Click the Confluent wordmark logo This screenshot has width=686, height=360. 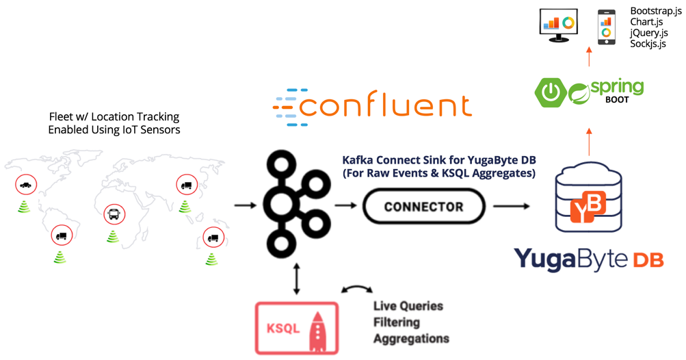point(373,107)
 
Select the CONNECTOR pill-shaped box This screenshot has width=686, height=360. point(423,207)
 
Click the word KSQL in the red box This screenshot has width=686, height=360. point(282,329)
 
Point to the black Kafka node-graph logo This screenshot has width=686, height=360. point(295,203)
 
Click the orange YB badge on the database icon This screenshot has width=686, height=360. point(588,207)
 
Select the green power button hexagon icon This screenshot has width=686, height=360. point(551,92)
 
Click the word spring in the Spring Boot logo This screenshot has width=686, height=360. point(617,87)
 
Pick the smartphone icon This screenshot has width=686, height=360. point(606,27)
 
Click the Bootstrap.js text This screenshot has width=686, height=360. point(655,12)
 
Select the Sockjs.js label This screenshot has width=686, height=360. point(648,44)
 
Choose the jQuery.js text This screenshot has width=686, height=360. point(649,33)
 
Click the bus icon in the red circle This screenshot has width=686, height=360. point(114,214)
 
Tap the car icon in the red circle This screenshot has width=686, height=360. point(25,185)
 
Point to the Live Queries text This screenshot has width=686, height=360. point(408,306)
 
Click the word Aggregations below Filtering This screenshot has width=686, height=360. point(411,338)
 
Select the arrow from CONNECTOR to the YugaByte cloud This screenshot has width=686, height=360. point(511,206)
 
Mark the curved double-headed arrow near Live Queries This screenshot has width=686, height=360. point(357,290)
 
